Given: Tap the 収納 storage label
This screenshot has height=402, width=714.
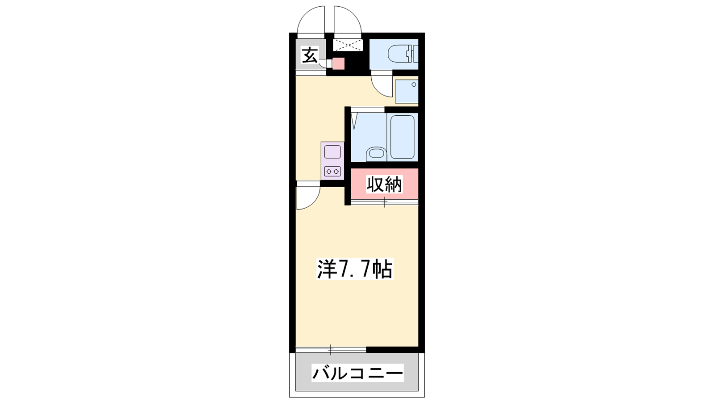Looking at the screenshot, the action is (x=384, y=184).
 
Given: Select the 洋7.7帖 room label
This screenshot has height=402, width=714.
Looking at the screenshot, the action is (x=355, y=269).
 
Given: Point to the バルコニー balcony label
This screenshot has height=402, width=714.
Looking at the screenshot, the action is (x=357, y=373).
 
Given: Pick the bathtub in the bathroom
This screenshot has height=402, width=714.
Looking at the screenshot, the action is (x=402, y=137).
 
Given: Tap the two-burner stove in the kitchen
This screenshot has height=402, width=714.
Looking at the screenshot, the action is (x=332, y=172).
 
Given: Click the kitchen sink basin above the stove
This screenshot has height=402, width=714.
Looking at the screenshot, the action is (x=332, y=151).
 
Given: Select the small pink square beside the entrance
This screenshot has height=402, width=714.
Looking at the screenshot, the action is (x=339, y=64).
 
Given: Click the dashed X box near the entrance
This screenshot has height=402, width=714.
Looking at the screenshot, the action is (x=348, y=45).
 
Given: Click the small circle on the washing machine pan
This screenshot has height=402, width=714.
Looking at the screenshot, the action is (x=414, y=84).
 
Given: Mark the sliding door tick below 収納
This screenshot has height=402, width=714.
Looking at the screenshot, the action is (x=385, y=202).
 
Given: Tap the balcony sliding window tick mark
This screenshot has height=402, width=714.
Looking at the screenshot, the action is (x=331, y=350).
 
